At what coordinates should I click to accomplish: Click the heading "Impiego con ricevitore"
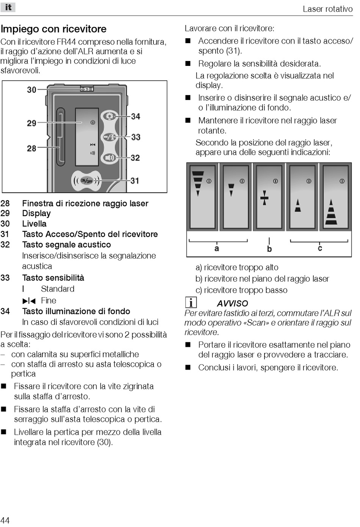[53, 29]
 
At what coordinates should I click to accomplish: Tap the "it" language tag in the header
[8, 7]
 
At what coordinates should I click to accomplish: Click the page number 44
[5, 520]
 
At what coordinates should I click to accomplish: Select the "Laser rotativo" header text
[327, 9]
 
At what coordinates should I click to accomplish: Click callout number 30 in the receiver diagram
[31, 90]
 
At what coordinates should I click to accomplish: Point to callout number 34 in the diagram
[135, 116]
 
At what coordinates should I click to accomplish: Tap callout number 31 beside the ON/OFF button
[135, 181]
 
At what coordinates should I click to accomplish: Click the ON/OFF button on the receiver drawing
[87, 181]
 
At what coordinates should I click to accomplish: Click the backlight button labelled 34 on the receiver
[110, 116]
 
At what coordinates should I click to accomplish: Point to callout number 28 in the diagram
[31, 148]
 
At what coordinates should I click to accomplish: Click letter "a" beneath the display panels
[216, 248]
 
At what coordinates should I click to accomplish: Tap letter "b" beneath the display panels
[269, 249]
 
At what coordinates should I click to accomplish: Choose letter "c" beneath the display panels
[320, 248]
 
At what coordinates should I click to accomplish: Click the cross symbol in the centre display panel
[265, 198]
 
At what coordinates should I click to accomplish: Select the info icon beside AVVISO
[191, 302]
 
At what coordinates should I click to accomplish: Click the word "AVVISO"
[232, 303]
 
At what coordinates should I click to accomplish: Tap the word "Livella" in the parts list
[34, 224]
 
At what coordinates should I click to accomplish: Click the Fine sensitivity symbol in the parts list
[29, 301]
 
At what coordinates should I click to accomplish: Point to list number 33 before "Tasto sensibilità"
[5, 278]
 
